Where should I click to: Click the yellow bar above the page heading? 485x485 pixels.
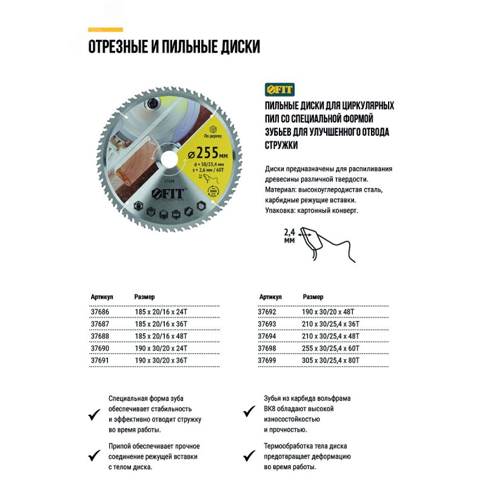tap(105, 29)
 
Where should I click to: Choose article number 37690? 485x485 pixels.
tap(99, 348)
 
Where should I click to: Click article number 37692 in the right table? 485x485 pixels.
tap(268, 310)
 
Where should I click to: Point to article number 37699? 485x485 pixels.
tap(268, 361)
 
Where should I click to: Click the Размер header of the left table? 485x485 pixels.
tap(144, 297)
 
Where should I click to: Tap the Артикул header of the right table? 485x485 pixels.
tap(270, 297)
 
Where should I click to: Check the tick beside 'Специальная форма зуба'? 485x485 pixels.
tap(93, 414)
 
